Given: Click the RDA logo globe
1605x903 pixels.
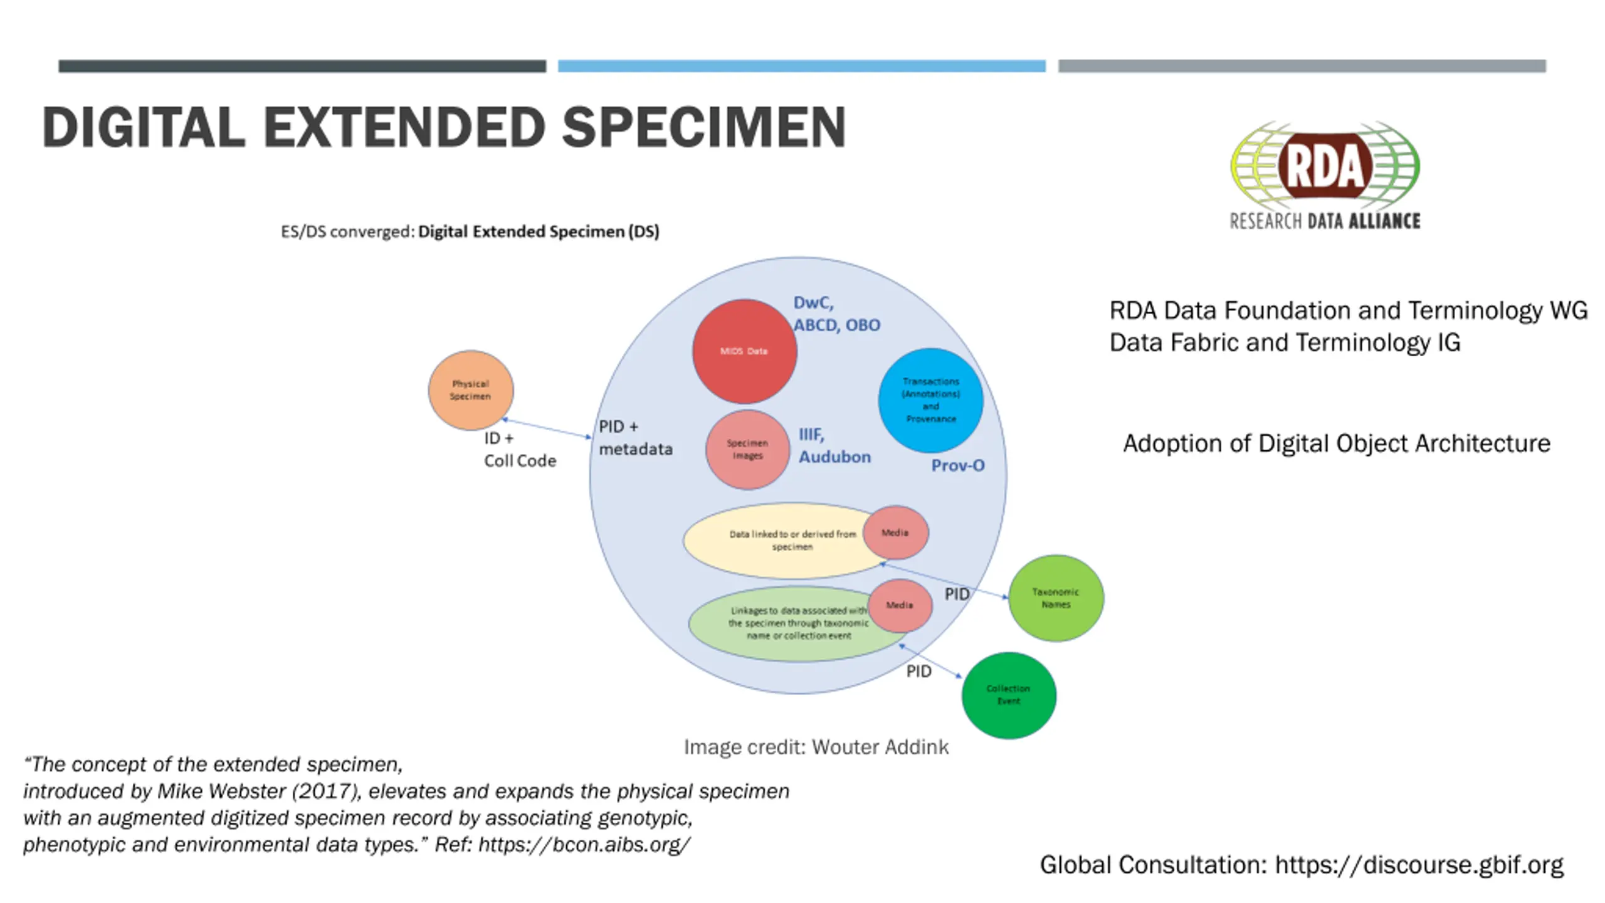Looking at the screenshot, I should coord(1325,166).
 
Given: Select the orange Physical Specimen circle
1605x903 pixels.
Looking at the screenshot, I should coord(471,390).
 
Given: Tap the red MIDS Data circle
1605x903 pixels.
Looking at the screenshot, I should coord(744,351).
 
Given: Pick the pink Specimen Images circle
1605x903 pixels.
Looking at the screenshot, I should coord(747,450).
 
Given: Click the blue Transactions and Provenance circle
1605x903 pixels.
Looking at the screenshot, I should coord(930,400).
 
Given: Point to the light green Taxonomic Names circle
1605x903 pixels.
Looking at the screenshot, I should coord(1056,598).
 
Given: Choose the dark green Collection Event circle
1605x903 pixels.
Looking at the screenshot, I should coord(1008,695).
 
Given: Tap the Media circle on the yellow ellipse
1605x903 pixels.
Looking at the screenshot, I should coord(895,532).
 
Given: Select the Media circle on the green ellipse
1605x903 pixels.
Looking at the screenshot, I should coord(900,605).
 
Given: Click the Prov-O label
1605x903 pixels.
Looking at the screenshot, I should coord(957,465).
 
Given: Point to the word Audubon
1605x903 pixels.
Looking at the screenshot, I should coord(834,457).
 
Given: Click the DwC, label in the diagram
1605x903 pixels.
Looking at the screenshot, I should coord(813,303).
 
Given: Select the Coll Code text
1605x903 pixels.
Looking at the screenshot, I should coord(520,461).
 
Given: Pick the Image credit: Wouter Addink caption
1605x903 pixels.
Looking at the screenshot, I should coord(816,747).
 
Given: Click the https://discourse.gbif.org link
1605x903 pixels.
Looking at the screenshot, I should coord(1419,865).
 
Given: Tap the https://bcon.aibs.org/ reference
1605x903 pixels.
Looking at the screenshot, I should coord(584,845).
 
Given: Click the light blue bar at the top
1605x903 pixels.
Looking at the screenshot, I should coord(801,66).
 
